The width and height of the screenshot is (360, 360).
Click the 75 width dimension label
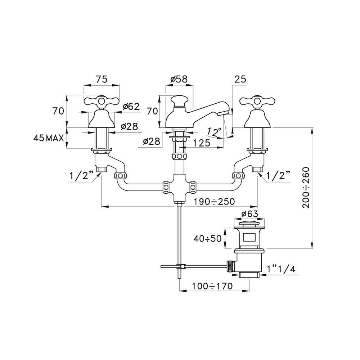(x=102, y=79)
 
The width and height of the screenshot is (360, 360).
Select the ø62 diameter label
(x=131, y=107)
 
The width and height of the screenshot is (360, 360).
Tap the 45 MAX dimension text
(x=49, y=138)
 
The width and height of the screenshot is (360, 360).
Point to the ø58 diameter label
(x=179, y=79)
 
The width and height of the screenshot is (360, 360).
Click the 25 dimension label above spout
(x=240, y=79)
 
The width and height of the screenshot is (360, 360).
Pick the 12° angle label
(x=214, y=131)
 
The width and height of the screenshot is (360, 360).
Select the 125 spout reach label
(x=201, y=143)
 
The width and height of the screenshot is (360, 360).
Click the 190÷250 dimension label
(x=214, y=202)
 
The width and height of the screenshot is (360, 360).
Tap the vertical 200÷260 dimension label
(x=306, y=188)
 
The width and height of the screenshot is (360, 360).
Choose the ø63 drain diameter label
(x=249, y=214)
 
